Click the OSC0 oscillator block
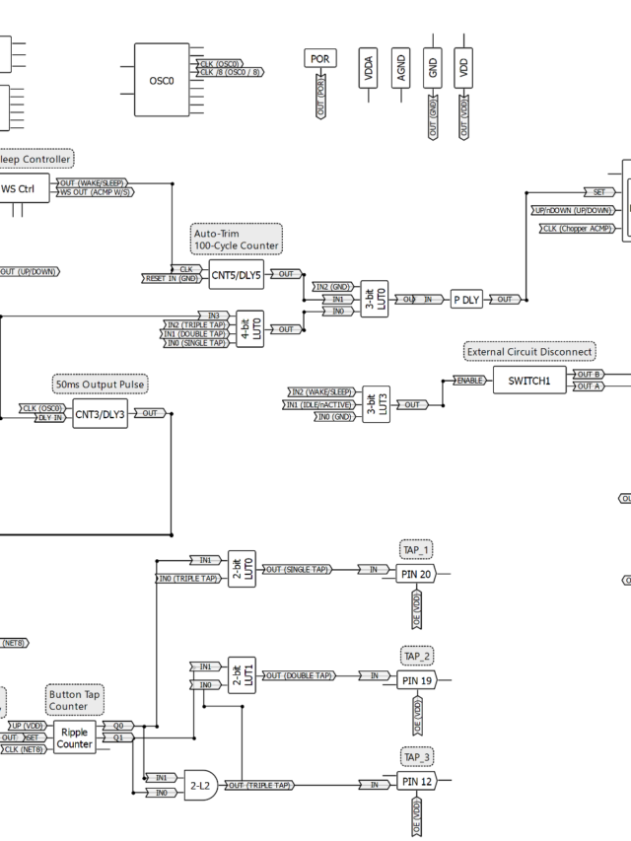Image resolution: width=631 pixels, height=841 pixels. [x=162, y=81]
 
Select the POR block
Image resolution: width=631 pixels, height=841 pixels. [x=319, y=59]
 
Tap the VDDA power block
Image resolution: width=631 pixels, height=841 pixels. [x=369, y=69]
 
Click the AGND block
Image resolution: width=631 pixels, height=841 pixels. [x=400, y=69]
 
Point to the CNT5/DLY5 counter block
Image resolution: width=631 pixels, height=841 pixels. [x=236, y=274]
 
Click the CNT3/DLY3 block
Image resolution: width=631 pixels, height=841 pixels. [x=100, y=414]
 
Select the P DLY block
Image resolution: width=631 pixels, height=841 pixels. [x=465, y=300]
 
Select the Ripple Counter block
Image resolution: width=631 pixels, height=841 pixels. [x=75, y=737]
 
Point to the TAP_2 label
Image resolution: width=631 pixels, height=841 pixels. [x=416, y=656]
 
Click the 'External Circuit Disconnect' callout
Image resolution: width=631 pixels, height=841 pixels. [x=530, y=351]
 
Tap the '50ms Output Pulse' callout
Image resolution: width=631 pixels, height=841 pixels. [x=100, y=384]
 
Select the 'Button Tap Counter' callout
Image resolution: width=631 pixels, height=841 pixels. [x=75, y=700]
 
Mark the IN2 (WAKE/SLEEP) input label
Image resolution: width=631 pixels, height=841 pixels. [x=320, y=391]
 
